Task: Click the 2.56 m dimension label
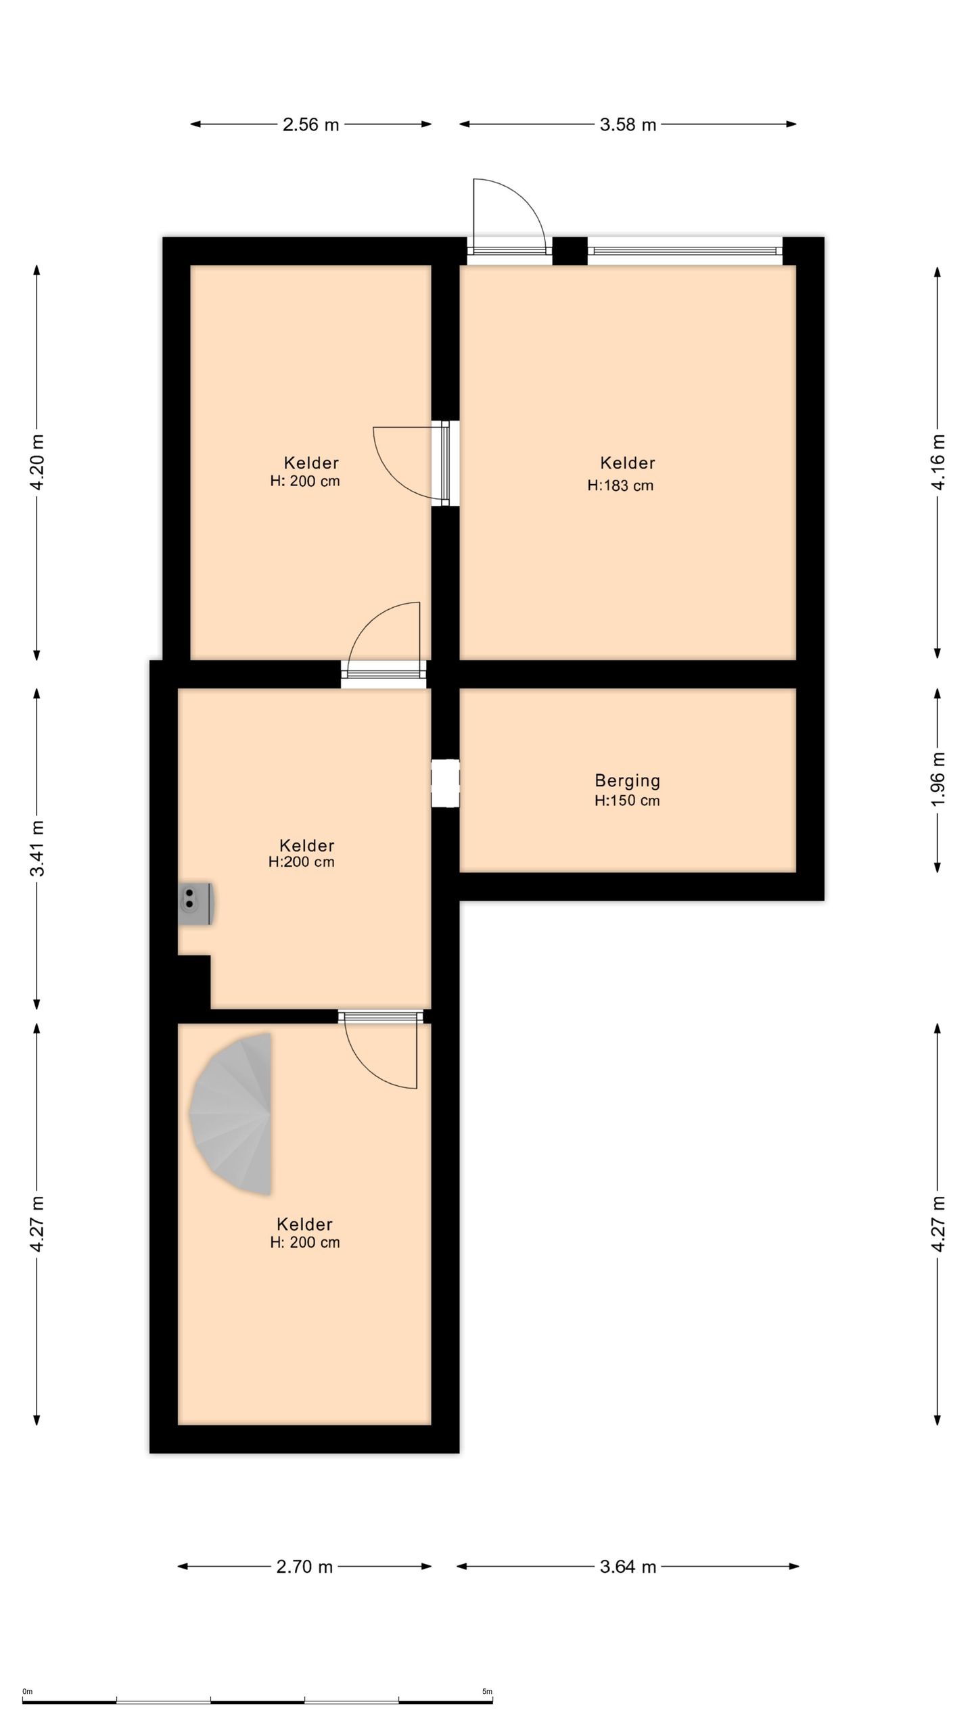click(310, 124)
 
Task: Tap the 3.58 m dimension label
click(628, 124)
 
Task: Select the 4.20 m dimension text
click(37, 463)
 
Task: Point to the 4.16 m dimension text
click(937, 463)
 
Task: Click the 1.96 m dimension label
click(937, 780)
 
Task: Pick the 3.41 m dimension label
click(37, 848)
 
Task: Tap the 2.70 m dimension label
click(304, 1567)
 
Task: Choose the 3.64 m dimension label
click(628, 1567)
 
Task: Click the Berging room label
click(627, 781)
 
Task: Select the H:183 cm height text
click(620, 485)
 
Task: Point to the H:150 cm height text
click(627, 801)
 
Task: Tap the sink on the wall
click(196, 904)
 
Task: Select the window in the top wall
click(685, 251)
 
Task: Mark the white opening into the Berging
click(446, 783)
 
